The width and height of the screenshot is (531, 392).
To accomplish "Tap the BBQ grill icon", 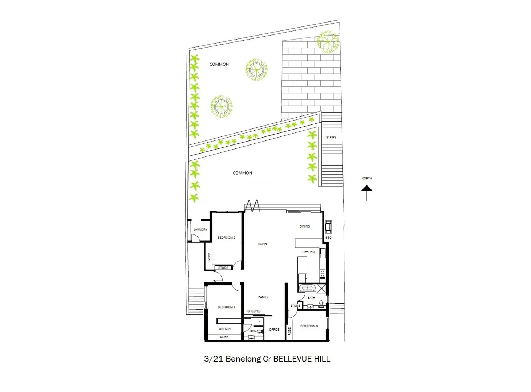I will coord(328,227).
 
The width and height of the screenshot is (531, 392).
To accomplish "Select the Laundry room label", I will coord(200,230).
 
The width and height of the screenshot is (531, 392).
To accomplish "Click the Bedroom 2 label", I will coord(226,238).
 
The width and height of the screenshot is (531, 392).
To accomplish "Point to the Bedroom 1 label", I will coord(226,307).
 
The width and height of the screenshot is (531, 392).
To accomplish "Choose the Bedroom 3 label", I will coord(309,326).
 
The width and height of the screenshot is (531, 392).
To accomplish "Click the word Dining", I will coord(305,226).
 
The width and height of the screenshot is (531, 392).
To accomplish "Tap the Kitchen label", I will coord(308,252).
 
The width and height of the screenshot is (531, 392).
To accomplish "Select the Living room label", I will coord(262,244).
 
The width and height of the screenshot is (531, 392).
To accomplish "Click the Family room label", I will coord(263,297).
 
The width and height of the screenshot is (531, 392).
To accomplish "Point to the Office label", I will coord(274,330).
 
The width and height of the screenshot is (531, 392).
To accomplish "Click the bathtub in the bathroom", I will coord(308,288).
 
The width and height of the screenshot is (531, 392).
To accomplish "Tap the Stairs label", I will coord(331,137).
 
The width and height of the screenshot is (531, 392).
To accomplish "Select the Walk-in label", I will coord(224,329).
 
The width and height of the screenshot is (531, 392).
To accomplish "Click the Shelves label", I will coord(254,311).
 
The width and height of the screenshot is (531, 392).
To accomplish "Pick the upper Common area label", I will coord(219,64).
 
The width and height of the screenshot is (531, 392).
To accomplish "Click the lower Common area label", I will coord(242,173).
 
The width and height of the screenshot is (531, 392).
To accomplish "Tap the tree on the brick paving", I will coord(328,42).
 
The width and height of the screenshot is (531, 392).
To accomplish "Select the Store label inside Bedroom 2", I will coord(223,268).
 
